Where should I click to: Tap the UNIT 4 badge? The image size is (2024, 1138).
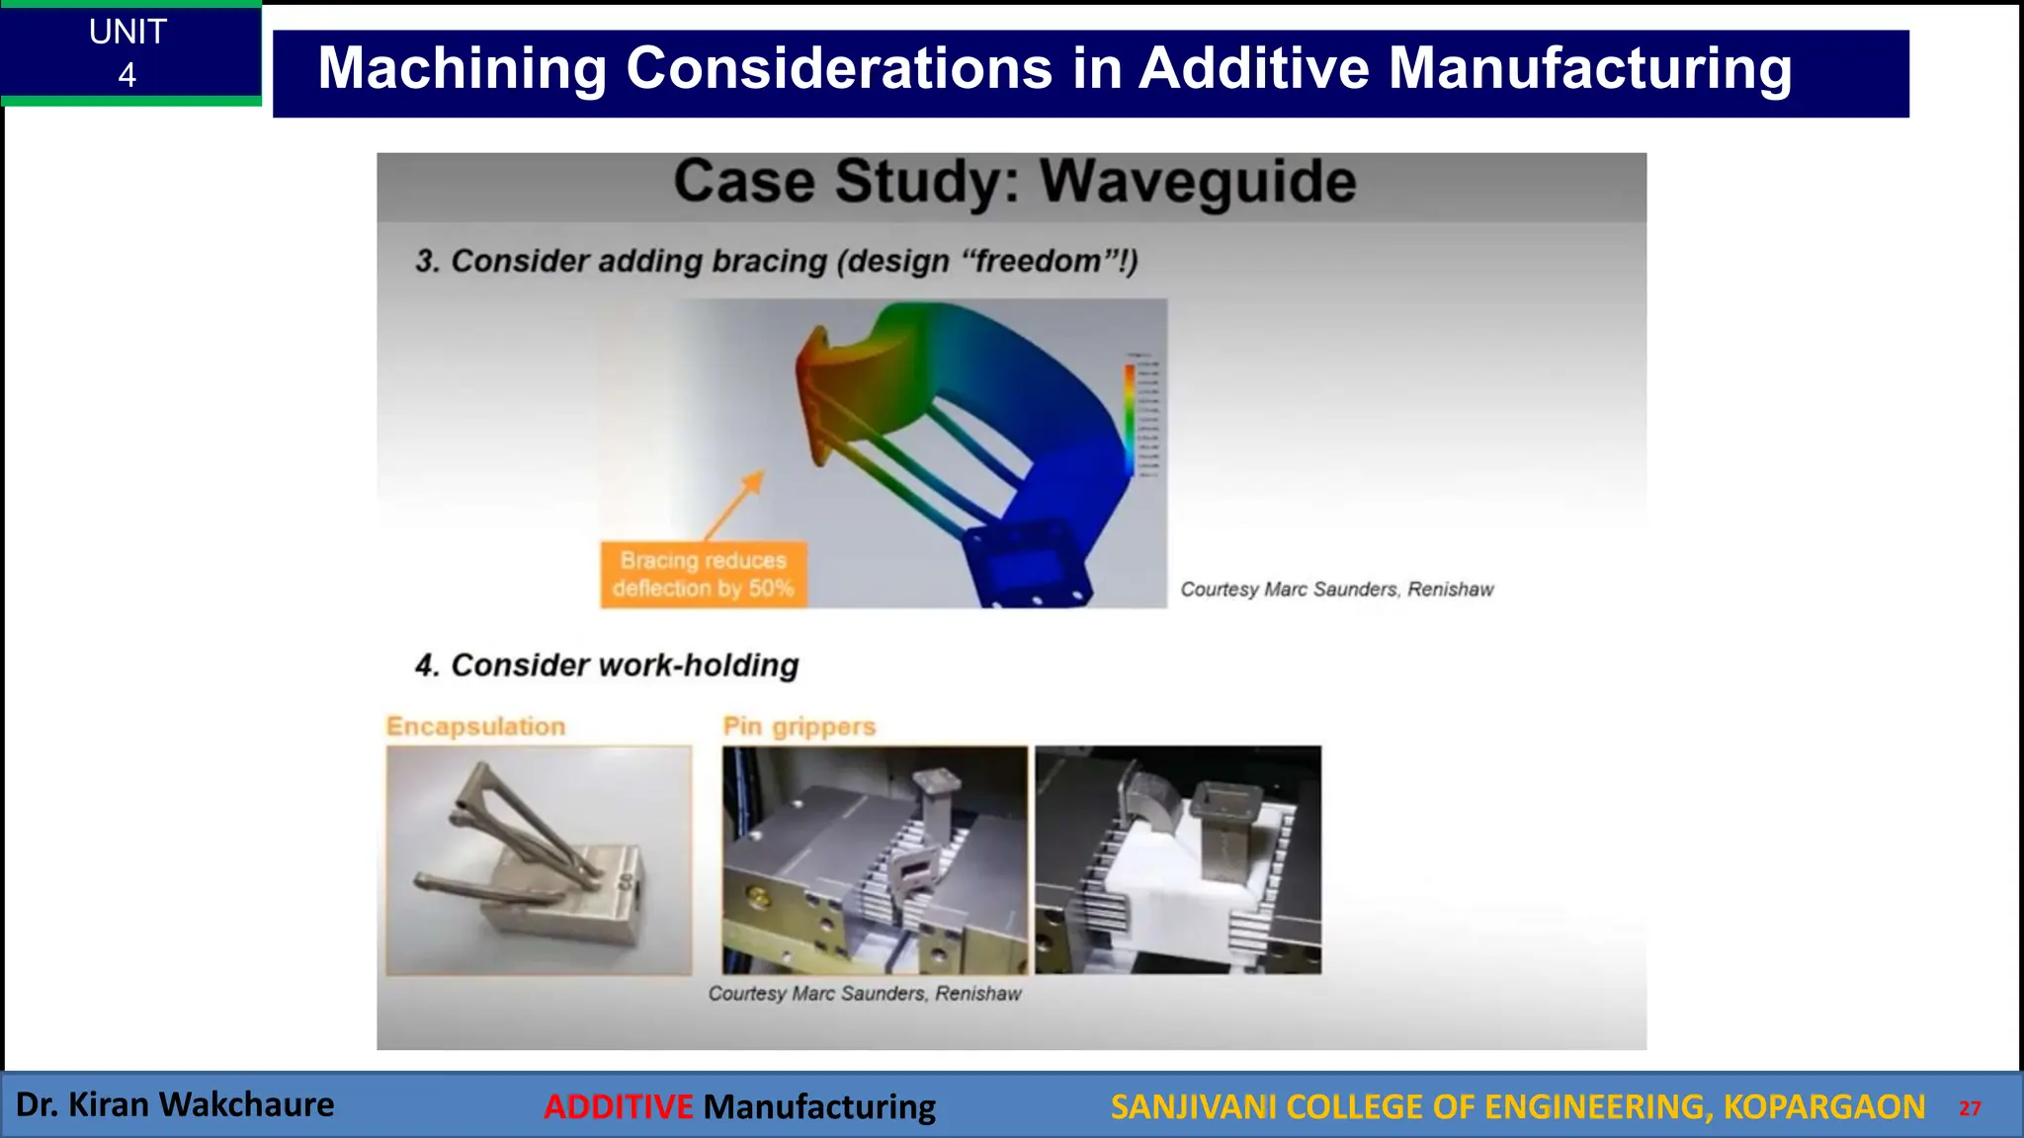coord(128,53)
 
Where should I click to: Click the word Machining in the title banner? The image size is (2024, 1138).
coord(463,69)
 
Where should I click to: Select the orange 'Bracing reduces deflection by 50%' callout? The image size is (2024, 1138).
coord(703,574)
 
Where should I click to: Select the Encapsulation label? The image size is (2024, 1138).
coord(475,726)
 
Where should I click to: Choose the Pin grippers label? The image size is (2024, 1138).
coord(799,726)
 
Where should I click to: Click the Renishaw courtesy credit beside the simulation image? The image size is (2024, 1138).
coord(1336,590)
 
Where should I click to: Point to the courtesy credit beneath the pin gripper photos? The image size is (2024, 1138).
coord(865,994)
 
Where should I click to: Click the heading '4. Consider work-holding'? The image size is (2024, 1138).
coord(606,665)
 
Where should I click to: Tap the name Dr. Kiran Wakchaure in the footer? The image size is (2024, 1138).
coord(175,1104)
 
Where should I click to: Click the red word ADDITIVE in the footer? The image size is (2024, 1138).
coord(619,1106)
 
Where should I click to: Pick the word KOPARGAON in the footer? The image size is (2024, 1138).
coord(1823,1106)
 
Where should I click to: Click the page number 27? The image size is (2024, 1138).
coord(1970,1108)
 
